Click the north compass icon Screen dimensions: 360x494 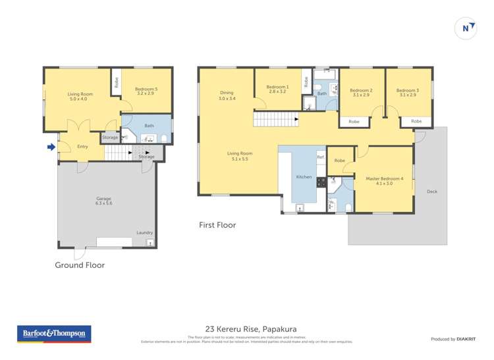point(466,28)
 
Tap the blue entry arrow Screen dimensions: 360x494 point(51,147)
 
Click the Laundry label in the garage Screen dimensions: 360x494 point(144,232)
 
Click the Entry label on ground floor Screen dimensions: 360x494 point(82,147)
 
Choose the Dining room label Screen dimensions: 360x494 point(226,95)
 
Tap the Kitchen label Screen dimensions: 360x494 point(304,177)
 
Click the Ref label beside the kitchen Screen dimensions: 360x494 point(320,157)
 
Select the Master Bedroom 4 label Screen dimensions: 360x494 point(384,180)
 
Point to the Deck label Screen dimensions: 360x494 point(432,192)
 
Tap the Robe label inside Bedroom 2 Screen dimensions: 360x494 point(354,122)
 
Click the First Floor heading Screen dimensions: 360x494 point(217,225)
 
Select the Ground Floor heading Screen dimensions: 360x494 point(80,265)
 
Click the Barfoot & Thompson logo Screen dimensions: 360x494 point(54,334)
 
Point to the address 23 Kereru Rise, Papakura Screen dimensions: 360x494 point(246,328)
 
